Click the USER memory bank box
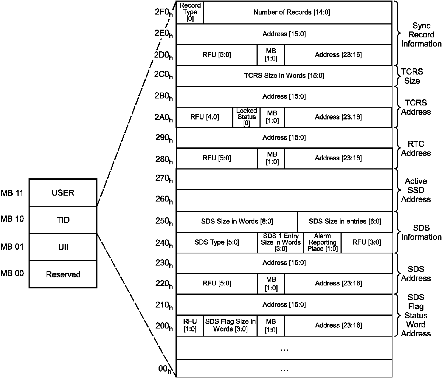(63, 193)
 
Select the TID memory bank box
(63, 220)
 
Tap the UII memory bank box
(63, 247)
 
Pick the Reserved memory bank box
(63, 274)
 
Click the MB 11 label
(12, 193)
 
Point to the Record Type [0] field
(190, 12)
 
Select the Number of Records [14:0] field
(298, 12)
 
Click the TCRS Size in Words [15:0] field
(284, 76)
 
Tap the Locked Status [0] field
(246, 117)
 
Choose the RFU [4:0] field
(205, 117)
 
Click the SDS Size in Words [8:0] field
(237, 221)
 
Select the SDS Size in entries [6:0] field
(345, 221)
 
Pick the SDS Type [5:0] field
(217, 242)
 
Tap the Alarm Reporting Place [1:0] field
(322, 242)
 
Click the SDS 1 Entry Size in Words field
(280, 242)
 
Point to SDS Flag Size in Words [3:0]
(230, 326)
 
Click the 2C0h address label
(163, 75)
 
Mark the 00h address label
(165, 369)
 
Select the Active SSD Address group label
(416, 190)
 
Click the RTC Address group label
(416, 149)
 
